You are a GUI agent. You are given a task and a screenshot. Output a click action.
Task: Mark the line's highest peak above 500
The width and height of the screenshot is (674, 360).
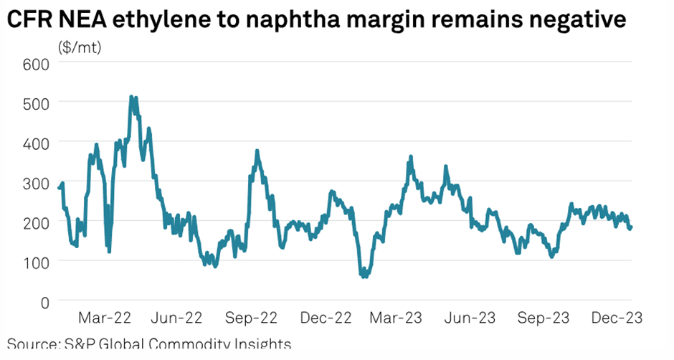tap(131, 97)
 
